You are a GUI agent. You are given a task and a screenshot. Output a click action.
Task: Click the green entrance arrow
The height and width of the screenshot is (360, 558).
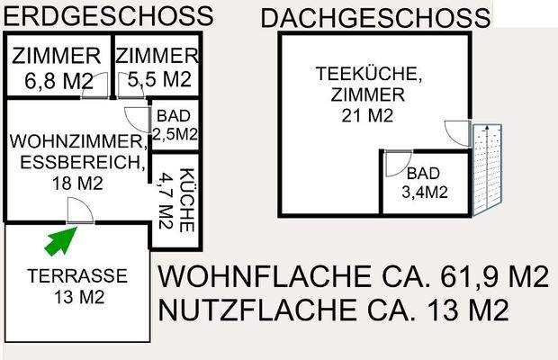(61, 240)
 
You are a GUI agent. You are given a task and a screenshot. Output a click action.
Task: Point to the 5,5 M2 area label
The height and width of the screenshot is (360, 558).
(159, 79)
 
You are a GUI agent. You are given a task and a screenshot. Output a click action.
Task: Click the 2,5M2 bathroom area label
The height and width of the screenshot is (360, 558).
(175, 134)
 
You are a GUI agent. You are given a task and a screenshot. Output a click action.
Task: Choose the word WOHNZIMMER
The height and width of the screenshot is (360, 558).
(76, 143)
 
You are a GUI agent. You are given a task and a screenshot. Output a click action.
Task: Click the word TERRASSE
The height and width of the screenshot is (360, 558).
(76, 275)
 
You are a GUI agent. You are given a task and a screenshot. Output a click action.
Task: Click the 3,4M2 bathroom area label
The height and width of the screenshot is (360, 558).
(425, 191)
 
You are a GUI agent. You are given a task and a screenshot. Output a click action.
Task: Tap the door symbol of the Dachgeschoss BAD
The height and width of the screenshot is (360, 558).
(394, 165)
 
